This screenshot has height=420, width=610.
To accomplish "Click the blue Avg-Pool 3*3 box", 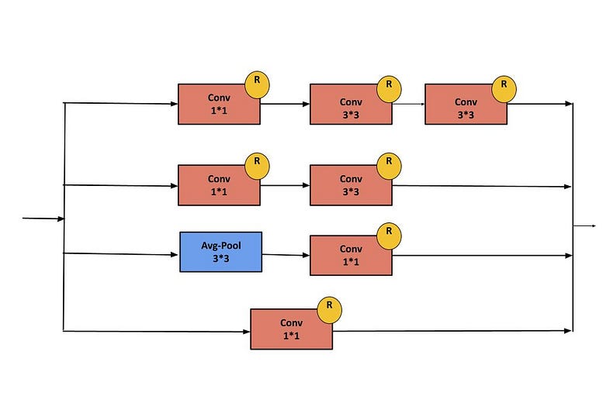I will (x=221, y=252).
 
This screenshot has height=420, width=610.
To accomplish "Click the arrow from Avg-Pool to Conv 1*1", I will (x=286, y=254).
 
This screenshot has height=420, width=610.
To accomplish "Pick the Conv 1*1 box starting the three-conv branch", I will (x=219, y=105).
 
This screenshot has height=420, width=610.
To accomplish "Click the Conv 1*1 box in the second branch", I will (x=219, y=185).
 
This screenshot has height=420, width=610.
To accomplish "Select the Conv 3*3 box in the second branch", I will (x=351, y=186).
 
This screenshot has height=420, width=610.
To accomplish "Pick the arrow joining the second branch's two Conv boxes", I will (x=285, y=185).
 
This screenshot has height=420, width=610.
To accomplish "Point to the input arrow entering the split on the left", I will (x=43, y=219).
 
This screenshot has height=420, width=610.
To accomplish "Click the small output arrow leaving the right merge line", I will (x=584, y=225).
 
